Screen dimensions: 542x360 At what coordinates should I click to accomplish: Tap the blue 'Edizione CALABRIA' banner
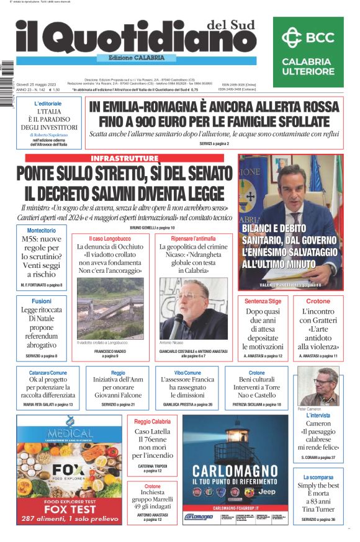(129, 58)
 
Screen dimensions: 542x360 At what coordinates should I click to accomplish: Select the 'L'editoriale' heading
(48, 103)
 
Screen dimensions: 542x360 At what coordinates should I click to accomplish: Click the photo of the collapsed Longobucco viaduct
(110, 308)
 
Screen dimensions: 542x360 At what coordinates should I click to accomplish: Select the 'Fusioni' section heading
(42, 301)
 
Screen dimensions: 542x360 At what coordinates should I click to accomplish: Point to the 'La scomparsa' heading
(318, 477)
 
